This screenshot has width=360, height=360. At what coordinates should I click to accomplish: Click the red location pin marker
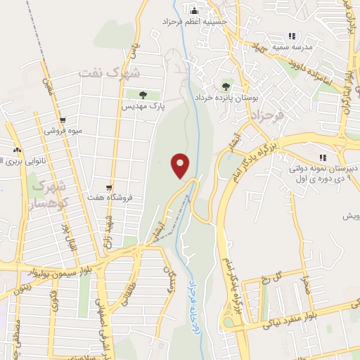pos(181,165)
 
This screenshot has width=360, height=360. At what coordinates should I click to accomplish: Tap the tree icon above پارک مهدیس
pos(143,94)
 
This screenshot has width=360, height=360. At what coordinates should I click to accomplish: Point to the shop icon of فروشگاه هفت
pos(109,188)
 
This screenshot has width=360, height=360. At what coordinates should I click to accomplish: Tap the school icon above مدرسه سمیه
pos(292,37)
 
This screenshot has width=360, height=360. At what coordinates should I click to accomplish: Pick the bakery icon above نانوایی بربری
pos(17,150)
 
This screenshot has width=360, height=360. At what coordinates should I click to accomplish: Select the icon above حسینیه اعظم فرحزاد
pos(195,11)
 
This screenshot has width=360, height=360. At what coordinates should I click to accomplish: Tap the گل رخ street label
pos(281,276)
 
